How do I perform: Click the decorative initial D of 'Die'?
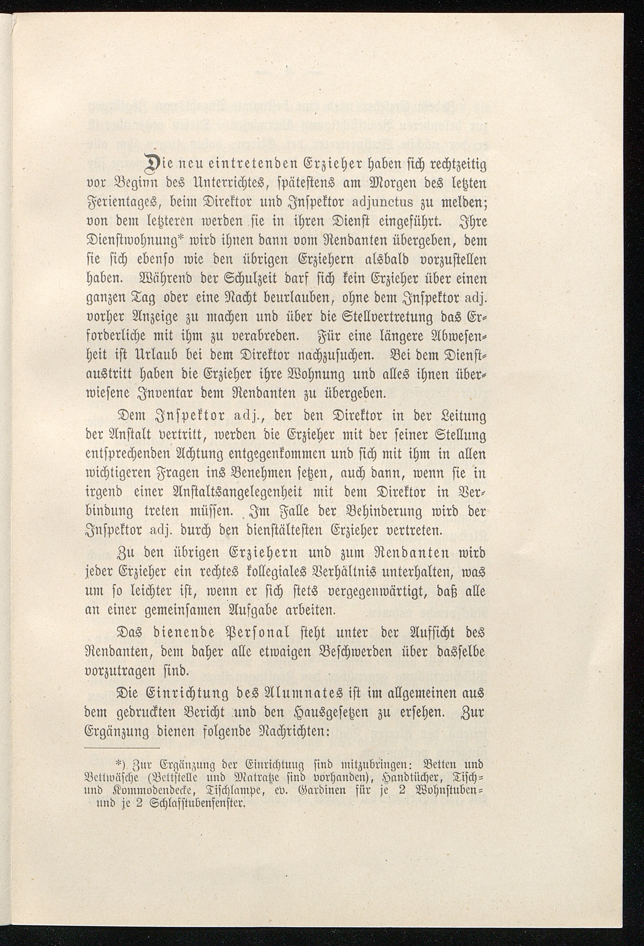coord(147,166)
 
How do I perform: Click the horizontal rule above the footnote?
coord(122,749)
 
